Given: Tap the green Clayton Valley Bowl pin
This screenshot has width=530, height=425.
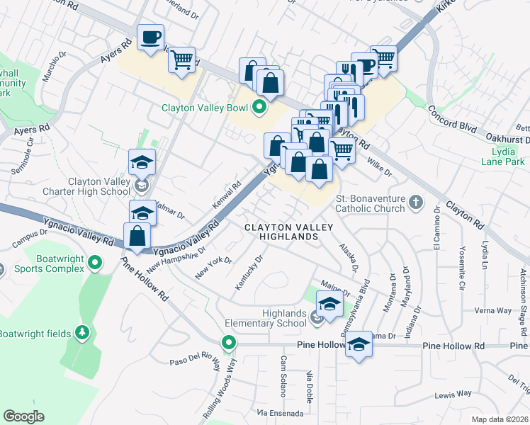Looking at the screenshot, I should coord(259,108).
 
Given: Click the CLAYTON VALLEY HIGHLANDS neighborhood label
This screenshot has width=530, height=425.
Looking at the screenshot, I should coord(282,232).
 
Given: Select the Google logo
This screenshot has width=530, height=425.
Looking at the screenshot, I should coord(23,416).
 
